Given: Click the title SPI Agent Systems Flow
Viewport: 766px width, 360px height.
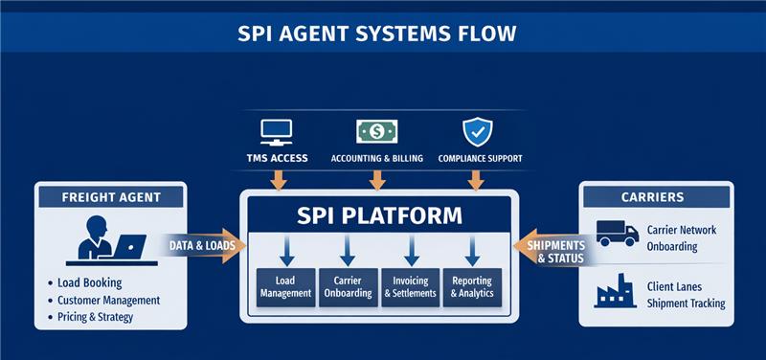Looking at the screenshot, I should [383, 34].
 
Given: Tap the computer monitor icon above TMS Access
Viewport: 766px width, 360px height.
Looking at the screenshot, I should [277, 130].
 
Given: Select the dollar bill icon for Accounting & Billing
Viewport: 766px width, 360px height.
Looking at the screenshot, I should [376, 130].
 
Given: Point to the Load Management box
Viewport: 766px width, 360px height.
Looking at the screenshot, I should [285, 286].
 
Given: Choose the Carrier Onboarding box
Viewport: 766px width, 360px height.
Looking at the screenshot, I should [347, 286].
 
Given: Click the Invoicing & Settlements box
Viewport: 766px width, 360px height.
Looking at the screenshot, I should [410, 286].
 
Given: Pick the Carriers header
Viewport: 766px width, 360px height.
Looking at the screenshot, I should [652, 197].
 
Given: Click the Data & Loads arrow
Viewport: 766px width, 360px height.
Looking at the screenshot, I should [201, 246].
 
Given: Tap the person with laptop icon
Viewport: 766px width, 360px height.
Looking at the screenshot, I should [105, 239].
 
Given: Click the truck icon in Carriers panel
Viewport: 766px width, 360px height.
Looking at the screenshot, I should [617, 233].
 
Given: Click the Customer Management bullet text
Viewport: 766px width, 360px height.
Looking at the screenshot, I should [109, 300].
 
